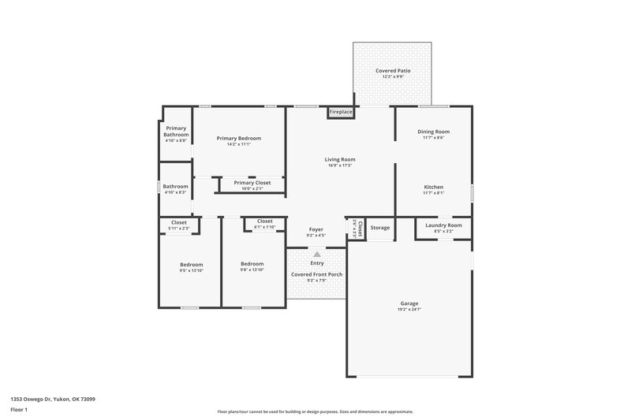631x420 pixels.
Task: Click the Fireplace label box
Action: point(341,113)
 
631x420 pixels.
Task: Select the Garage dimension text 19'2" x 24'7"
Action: point(409,309)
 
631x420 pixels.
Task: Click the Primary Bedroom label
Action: point(238,138)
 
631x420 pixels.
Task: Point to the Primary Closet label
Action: point(252,183)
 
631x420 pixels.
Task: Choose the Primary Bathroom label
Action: point(176,131)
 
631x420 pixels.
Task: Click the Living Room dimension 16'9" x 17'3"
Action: point(340,165)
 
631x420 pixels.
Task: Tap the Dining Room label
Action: point(433,132)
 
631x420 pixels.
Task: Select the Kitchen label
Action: point(433,187)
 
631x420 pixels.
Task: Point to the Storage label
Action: point(380,229)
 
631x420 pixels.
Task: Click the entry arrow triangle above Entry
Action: point(317,255)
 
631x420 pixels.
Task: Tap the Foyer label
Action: point(315,229)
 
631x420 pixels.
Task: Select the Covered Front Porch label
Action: point(316,274)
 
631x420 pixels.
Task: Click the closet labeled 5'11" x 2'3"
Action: point(179,225)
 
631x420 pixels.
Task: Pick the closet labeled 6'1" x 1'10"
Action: point(264,224)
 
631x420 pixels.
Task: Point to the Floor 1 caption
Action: point(19,411)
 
